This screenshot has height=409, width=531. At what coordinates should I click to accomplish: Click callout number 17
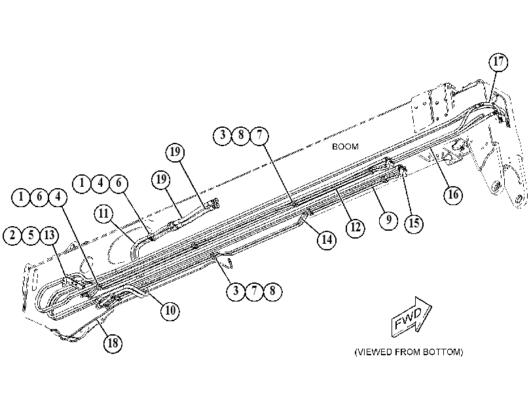coord(498,62)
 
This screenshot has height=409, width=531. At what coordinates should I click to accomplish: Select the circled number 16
coord(453,195)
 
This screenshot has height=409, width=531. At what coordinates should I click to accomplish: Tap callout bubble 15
coord(414,224)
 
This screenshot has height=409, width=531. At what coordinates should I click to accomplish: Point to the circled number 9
coord(389,220)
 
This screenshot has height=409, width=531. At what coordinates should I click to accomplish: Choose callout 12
coord(356,227)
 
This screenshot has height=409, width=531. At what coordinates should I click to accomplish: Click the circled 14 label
coord(327,240)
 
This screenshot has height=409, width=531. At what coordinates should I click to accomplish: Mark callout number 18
coord(113,343)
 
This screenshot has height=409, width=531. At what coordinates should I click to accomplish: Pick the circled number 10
coord(170,310)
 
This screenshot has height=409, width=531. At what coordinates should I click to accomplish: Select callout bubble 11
coord(103,214)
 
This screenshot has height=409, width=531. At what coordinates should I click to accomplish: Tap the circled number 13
coord(50,235)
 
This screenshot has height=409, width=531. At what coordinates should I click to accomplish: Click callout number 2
coord(13,235)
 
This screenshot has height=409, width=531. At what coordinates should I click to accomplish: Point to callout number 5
coord(31,235)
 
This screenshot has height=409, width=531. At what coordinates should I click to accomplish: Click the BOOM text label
coord(345,147)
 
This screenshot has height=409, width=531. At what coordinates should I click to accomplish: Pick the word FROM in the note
coord(407,352)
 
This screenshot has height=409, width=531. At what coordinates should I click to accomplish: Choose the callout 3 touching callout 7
coord(236,291)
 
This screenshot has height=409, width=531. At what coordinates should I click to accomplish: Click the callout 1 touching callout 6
coord(21,197)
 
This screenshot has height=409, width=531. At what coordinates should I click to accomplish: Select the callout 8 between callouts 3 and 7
coord(241,135)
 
